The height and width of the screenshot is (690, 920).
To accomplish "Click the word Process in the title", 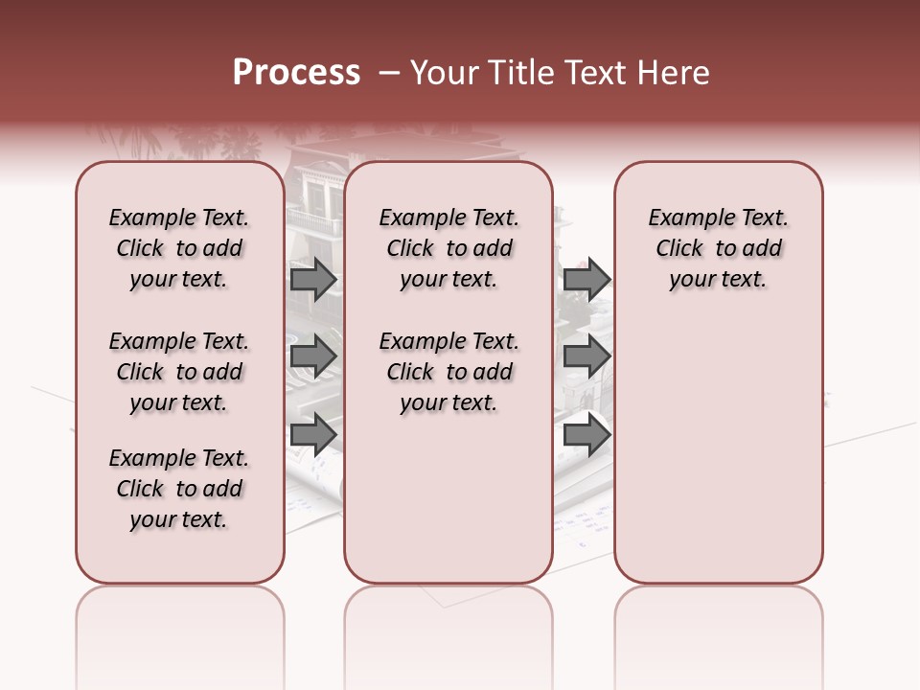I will [x=296, y=73].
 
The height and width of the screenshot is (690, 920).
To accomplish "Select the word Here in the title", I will [x=673, y=73].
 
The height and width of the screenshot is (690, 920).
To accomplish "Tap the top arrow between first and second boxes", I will [x=313, y=279].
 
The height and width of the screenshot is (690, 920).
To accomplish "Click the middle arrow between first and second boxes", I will [x=313, y=356].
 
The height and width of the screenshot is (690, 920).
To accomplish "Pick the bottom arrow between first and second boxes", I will [x=313, y=434].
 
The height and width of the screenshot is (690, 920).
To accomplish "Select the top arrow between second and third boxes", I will [x=586, y=279].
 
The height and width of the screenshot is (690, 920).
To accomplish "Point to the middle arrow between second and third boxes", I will [x=586, y=356].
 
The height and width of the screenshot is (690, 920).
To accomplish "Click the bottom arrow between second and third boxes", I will [x=586, y=434].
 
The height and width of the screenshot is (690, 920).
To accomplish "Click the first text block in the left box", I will [x=179, y=248].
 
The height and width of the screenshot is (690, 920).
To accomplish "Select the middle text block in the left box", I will [x=179, y=372].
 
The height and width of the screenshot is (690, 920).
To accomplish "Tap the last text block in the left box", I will [x=179, y=489].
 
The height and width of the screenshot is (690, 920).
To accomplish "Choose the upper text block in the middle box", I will [x=448, y=248].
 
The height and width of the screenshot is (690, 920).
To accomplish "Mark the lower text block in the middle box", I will [x=448, y=372].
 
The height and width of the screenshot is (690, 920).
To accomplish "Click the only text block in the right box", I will [x=719, y=248].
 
